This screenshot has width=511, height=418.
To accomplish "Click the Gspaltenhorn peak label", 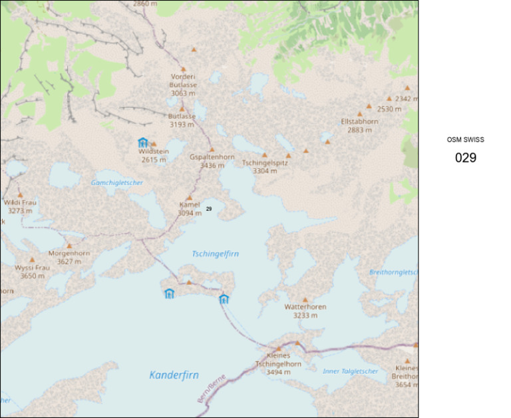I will (212, 161).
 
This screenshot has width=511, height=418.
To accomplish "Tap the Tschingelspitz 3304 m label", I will (265, 166).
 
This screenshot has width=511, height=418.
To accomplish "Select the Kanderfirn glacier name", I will (174, 375).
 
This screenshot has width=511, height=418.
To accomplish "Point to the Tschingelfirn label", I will (215, 254).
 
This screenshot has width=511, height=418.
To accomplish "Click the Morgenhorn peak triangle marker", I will (69, 246).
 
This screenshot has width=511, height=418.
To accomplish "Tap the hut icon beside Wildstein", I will (142, 142).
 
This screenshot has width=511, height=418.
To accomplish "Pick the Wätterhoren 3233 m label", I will (305, 311).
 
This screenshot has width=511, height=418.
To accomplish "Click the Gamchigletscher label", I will (117, 182).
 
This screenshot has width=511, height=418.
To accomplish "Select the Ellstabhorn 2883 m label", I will (359, 126).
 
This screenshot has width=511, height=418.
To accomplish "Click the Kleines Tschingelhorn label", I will (278, 364).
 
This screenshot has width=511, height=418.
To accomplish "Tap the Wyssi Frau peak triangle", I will (32, 260).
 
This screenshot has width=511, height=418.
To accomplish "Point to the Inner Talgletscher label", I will (350, 371).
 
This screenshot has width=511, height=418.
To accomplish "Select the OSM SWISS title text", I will (466, 140).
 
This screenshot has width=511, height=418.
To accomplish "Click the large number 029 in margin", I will (466, 158).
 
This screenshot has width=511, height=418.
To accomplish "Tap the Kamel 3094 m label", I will (190, 209).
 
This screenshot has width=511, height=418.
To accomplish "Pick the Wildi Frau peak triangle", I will (20, 195).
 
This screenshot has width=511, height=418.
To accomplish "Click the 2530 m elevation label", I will (389, 108).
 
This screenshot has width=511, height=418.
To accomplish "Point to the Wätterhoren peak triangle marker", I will (305, 300).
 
